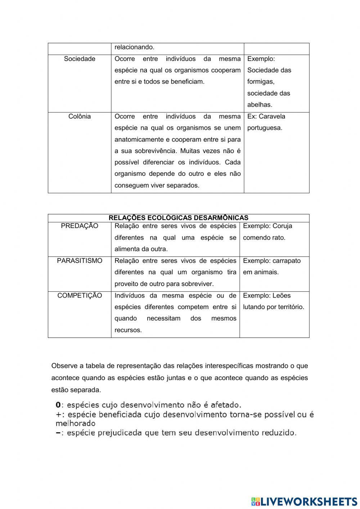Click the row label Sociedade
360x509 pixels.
tap(80, 59)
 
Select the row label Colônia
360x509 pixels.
tap(80, 116)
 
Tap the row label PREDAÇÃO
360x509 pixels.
tap(80, 226)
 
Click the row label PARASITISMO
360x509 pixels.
tap(80, 260)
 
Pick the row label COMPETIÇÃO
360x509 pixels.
tap(80, 295)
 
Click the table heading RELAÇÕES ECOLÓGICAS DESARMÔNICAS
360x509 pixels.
tap(179, 218)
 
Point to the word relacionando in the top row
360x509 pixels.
tap(134, 47)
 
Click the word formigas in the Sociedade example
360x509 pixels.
tap(260, 82)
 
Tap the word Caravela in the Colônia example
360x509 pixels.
tap(272, 116)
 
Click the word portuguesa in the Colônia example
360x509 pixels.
tap(264, 128)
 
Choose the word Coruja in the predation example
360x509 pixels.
tap(282, 226)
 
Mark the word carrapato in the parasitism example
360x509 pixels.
tap(286, 260)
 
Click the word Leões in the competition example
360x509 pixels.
tap(282, 295)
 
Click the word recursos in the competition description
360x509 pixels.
tap(127, 330)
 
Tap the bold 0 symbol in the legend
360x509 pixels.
tap(58, 405)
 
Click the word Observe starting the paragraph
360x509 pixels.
tap(64, 366)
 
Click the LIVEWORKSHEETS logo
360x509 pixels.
tap(304, 501)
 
